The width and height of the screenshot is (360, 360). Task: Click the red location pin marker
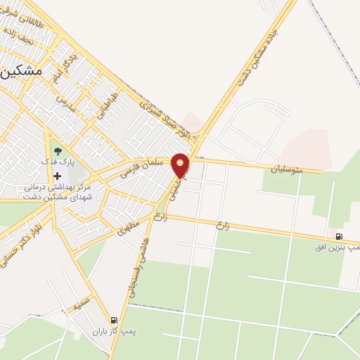click(x=181, y=165)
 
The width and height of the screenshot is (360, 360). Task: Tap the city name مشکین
click(x=21, y=72)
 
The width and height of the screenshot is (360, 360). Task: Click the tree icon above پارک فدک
click(x=58, y=150)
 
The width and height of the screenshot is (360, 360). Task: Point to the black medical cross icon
click(x=58, y=176)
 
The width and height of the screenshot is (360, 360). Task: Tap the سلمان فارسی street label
click(x=143, y=167)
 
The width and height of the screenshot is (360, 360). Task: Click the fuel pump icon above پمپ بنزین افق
click(x=340, y=236)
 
